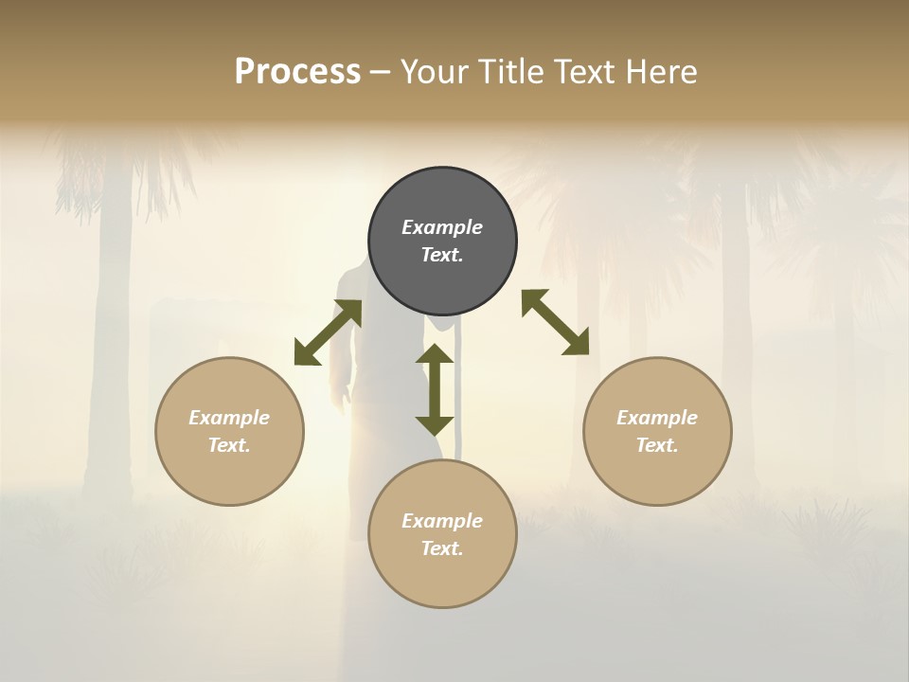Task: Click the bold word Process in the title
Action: (297, 72)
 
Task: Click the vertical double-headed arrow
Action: (435, 389)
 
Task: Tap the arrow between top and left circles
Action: (328, 332)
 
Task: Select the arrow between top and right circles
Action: (555, 322)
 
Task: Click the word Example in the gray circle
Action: (442, 227)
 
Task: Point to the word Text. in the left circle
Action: (229, 445)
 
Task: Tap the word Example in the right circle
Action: (657, 418)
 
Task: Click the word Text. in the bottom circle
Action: (442, 548)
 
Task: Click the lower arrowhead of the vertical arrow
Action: (435, 425)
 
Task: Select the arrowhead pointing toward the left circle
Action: (306, 353)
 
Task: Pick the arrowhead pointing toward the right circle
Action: (577, 344)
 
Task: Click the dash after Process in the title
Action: (381, 72)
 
